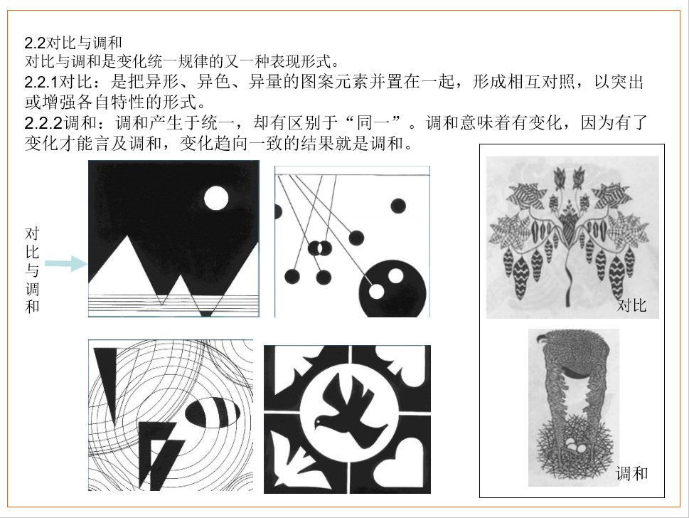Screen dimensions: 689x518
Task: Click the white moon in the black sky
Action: pos(216,198)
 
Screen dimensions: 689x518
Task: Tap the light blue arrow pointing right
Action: pos(66,264)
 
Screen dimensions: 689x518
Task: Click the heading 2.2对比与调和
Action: pos(73,43)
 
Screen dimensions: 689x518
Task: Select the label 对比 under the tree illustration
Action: pos(631,305)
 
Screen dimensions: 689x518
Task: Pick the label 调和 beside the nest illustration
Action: pos(631,474)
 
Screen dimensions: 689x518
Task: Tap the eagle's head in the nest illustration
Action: pos(545,339)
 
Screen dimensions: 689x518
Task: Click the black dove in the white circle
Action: pos(349,411)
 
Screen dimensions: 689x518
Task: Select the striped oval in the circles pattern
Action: pos(212,413)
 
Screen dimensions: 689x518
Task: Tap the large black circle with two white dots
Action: pos(392,290)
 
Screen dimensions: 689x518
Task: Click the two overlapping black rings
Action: pos(320,248)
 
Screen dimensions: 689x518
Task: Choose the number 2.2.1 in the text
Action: pos(41,83)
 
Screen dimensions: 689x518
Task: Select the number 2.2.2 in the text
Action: pos(44,123)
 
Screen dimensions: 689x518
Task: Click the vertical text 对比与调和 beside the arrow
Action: pos(32,270)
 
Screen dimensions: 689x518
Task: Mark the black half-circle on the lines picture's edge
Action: pos(278,211)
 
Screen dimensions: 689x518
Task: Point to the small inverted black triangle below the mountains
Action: pos(206,314)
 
